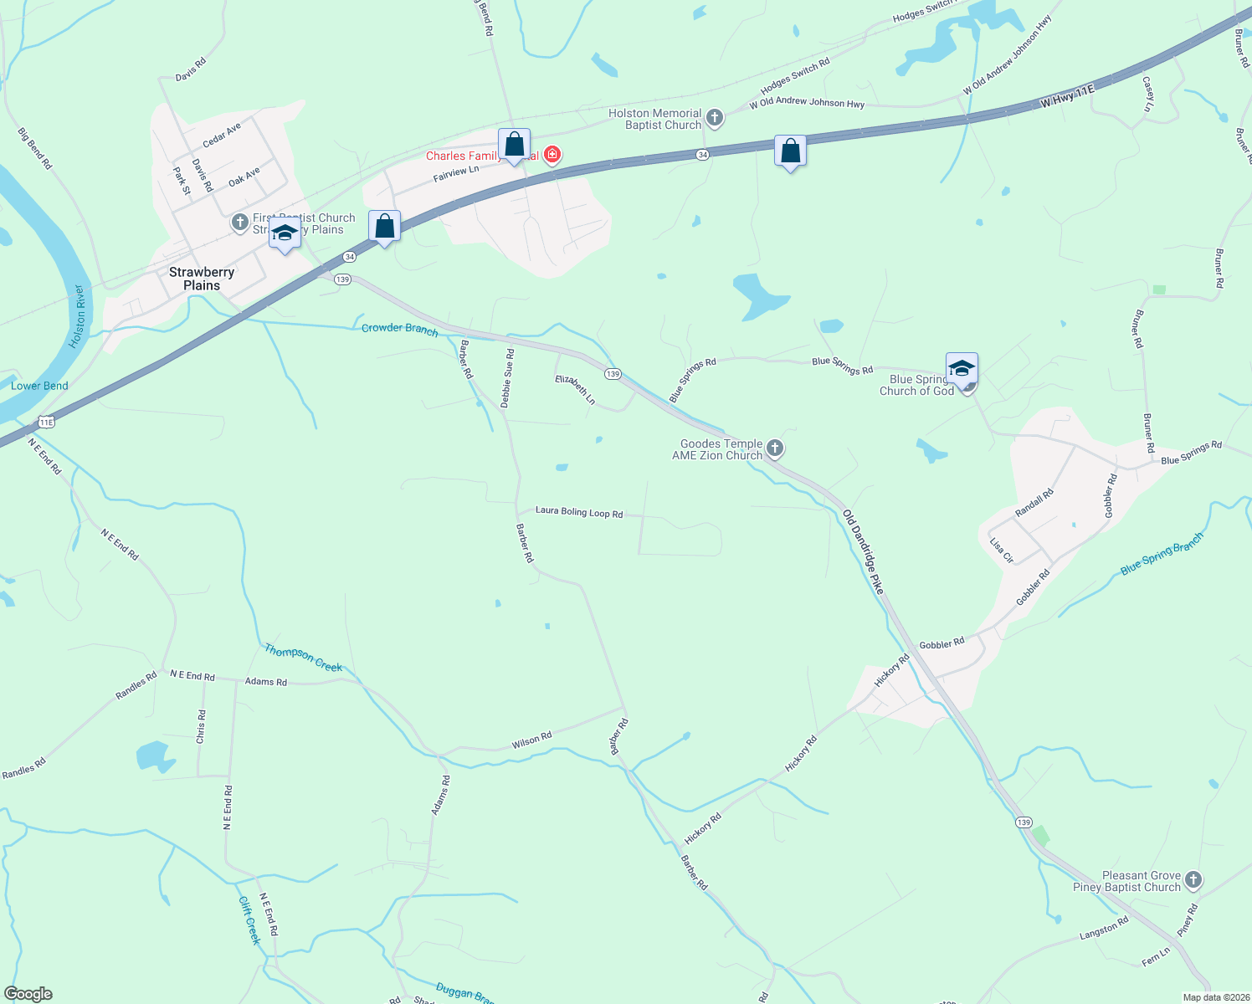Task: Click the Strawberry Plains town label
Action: coord(202,279)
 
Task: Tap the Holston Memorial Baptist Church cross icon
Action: coord(714,118)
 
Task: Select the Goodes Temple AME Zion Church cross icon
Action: coord(775,448)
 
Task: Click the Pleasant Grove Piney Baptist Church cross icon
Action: coord(1193,880)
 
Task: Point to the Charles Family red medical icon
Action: coord(552,155)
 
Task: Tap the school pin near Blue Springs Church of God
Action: coord(962,368)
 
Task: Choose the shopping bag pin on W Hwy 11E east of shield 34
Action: coord(790,151)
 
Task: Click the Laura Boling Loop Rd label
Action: coord(579,512)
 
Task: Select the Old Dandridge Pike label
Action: coord(863,551)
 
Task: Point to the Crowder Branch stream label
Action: coord(399,329)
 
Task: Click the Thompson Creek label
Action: coord(303,658)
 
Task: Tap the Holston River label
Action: coord(78,317)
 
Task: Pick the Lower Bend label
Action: coord(39,386)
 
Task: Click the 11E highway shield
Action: coord(46,422)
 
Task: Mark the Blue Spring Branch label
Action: coord(1162,554)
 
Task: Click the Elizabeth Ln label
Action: coord(575,390)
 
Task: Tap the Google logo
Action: coord(28,994)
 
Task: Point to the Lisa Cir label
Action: coord(1002,550)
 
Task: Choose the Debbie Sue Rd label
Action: coord(507,378)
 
